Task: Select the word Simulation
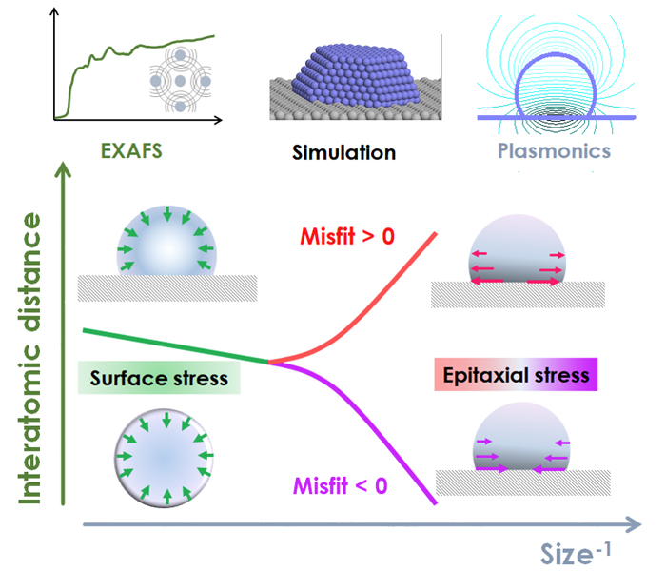tap(344, 151)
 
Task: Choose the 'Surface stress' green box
tap(159, 378)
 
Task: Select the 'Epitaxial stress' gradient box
tap(513, 375)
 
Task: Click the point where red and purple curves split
tap(271, 363)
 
